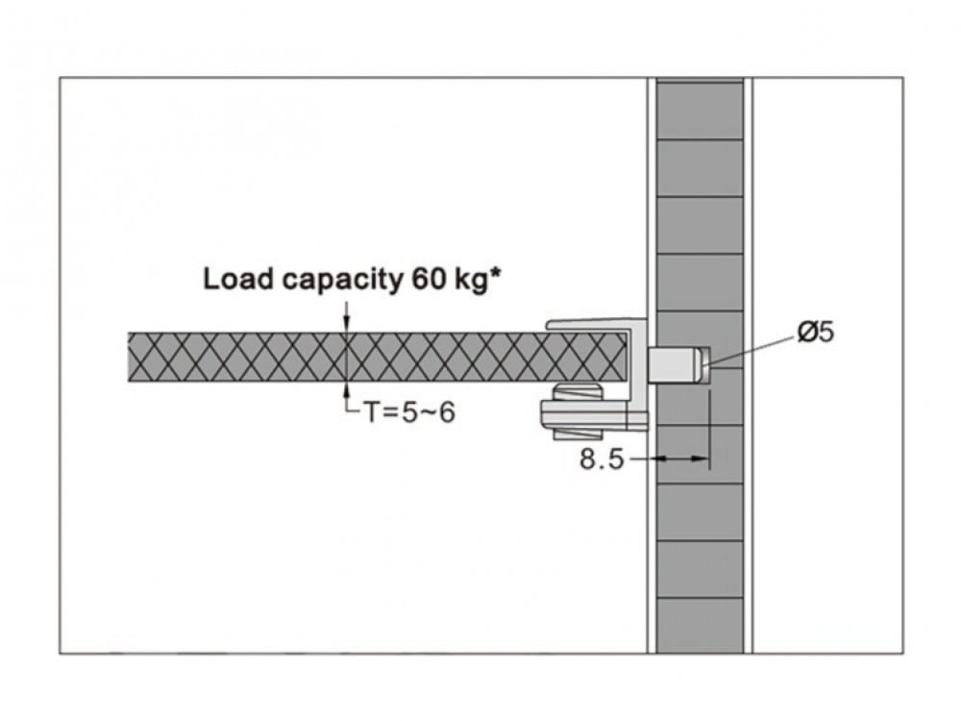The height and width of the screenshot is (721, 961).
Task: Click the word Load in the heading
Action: (237, 280)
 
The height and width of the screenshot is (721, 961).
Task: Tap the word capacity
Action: (340, 282)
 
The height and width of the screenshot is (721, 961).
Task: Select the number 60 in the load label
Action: (426, 280)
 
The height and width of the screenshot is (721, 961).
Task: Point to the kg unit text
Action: (470, 282)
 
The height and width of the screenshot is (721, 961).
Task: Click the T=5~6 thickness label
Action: (409, 412)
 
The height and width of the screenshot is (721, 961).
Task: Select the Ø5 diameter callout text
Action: (816, 332)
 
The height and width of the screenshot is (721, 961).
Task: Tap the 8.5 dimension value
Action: (602, 459)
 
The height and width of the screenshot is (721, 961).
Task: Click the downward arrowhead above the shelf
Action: (347, 324)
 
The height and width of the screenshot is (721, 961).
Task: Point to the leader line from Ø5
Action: (751, 351)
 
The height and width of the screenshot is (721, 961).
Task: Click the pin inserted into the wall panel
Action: (678, 364)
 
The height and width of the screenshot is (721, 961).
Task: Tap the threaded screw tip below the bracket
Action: (579, 434)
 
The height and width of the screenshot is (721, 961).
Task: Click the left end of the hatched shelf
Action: (129, 358)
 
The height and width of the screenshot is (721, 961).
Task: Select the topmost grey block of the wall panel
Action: (700, 110)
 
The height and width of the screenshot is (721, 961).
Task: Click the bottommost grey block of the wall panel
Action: (700, 625)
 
